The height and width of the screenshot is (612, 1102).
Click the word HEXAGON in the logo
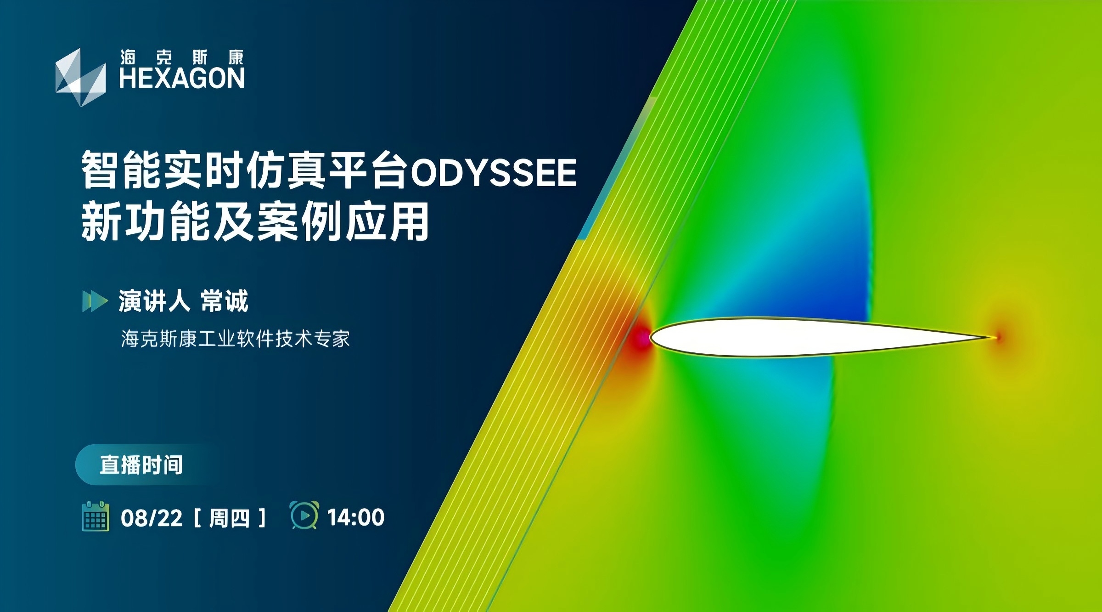(x=182, y=78)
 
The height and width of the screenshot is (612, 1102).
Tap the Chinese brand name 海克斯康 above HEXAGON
(x=182, y=57)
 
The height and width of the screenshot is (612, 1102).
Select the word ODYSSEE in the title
(x=493, y=172)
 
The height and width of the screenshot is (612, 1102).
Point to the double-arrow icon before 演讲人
(x=95, y=301)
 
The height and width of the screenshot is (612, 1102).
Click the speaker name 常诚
(x=225, y=301)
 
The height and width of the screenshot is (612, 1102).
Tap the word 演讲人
(x=154, y=301)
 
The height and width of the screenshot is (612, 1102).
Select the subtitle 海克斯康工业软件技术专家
(x=236, y=339)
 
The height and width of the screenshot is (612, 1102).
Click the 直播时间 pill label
(x=141, y=465)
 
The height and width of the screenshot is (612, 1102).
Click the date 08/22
(x=152, y=518)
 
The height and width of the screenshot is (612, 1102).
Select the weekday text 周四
(x=229, y=518)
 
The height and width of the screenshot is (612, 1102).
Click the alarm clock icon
(x=304, y=515)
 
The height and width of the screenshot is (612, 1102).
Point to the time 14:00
(x=356, y=517)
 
